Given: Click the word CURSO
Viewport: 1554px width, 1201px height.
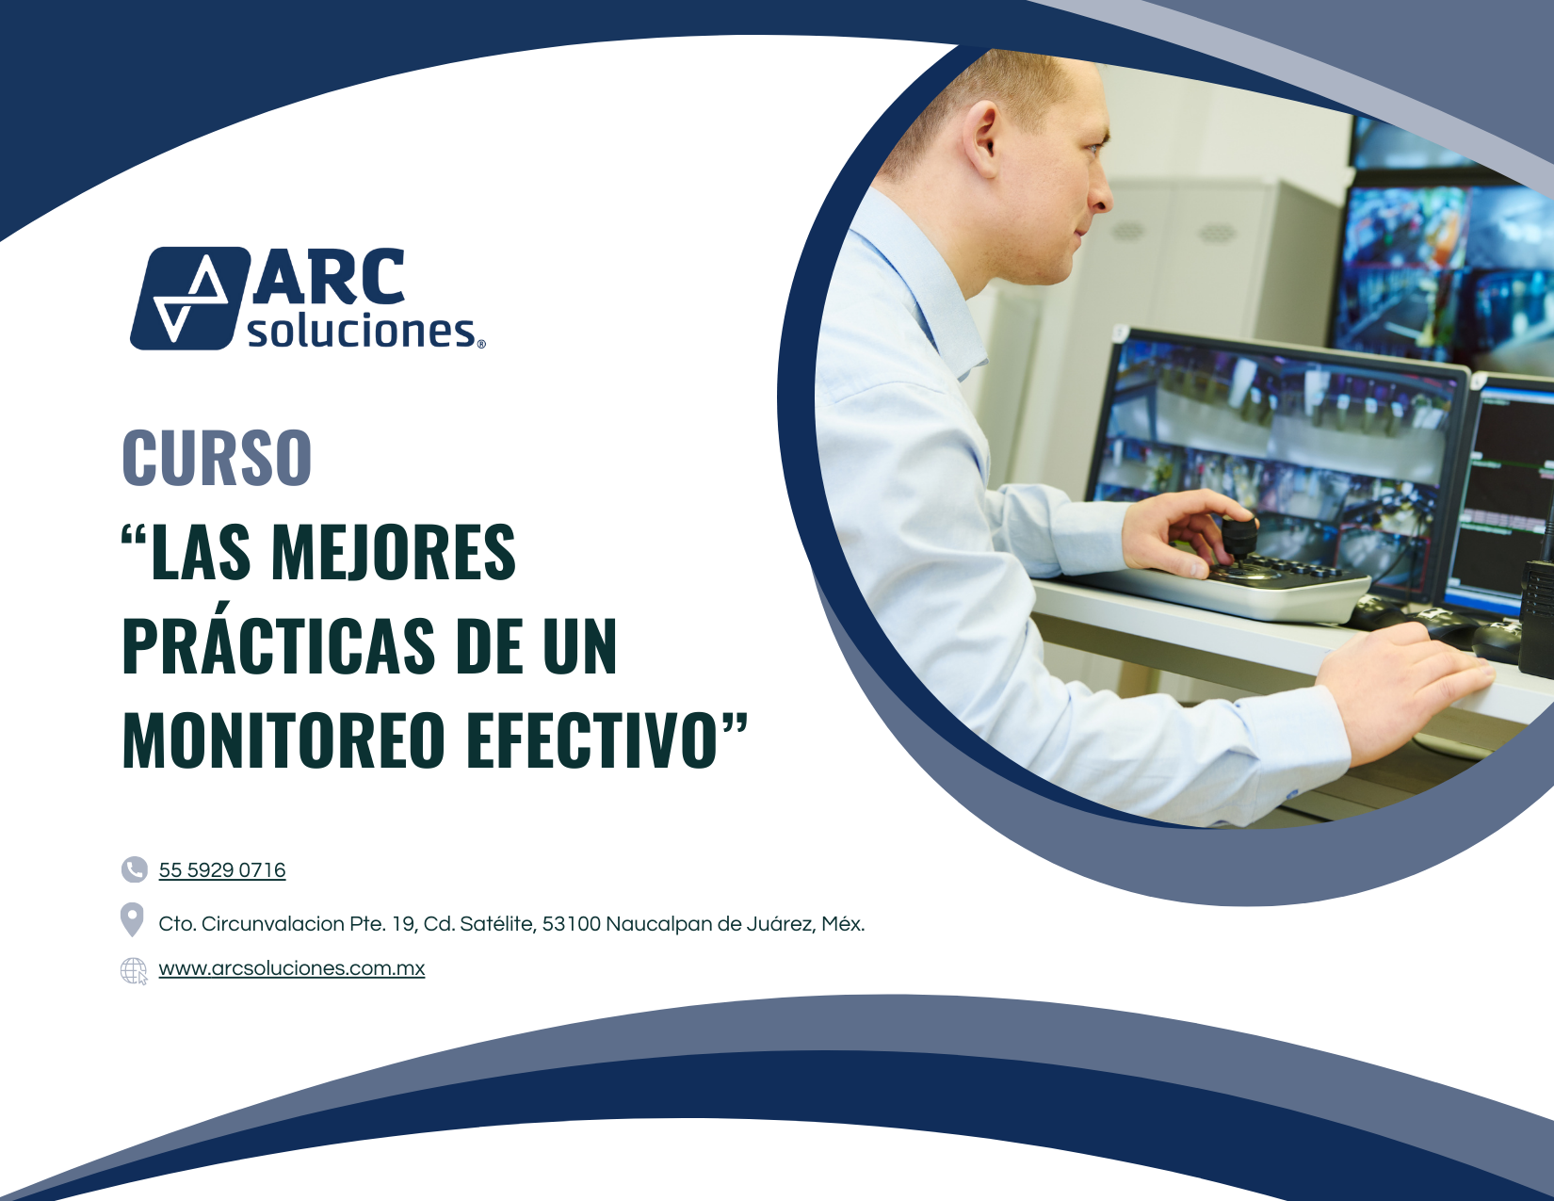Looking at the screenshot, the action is click(217, 458).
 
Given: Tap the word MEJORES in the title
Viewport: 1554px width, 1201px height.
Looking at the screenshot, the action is click(394, 551).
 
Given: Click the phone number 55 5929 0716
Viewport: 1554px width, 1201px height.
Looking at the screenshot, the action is click(221, 869).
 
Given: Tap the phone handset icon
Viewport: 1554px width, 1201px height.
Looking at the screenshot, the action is click(135, 869).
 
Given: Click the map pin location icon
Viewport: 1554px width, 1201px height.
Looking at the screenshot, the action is click(132, 919).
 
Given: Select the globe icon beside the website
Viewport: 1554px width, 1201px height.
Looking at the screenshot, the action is click(134, 970).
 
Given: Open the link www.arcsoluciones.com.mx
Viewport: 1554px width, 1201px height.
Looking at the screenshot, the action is click(292, 968).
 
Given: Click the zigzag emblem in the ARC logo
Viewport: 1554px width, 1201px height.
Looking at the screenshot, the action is click(190, 299).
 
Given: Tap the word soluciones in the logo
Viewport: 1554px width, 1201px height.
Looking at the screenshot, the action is click(362, 332).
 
